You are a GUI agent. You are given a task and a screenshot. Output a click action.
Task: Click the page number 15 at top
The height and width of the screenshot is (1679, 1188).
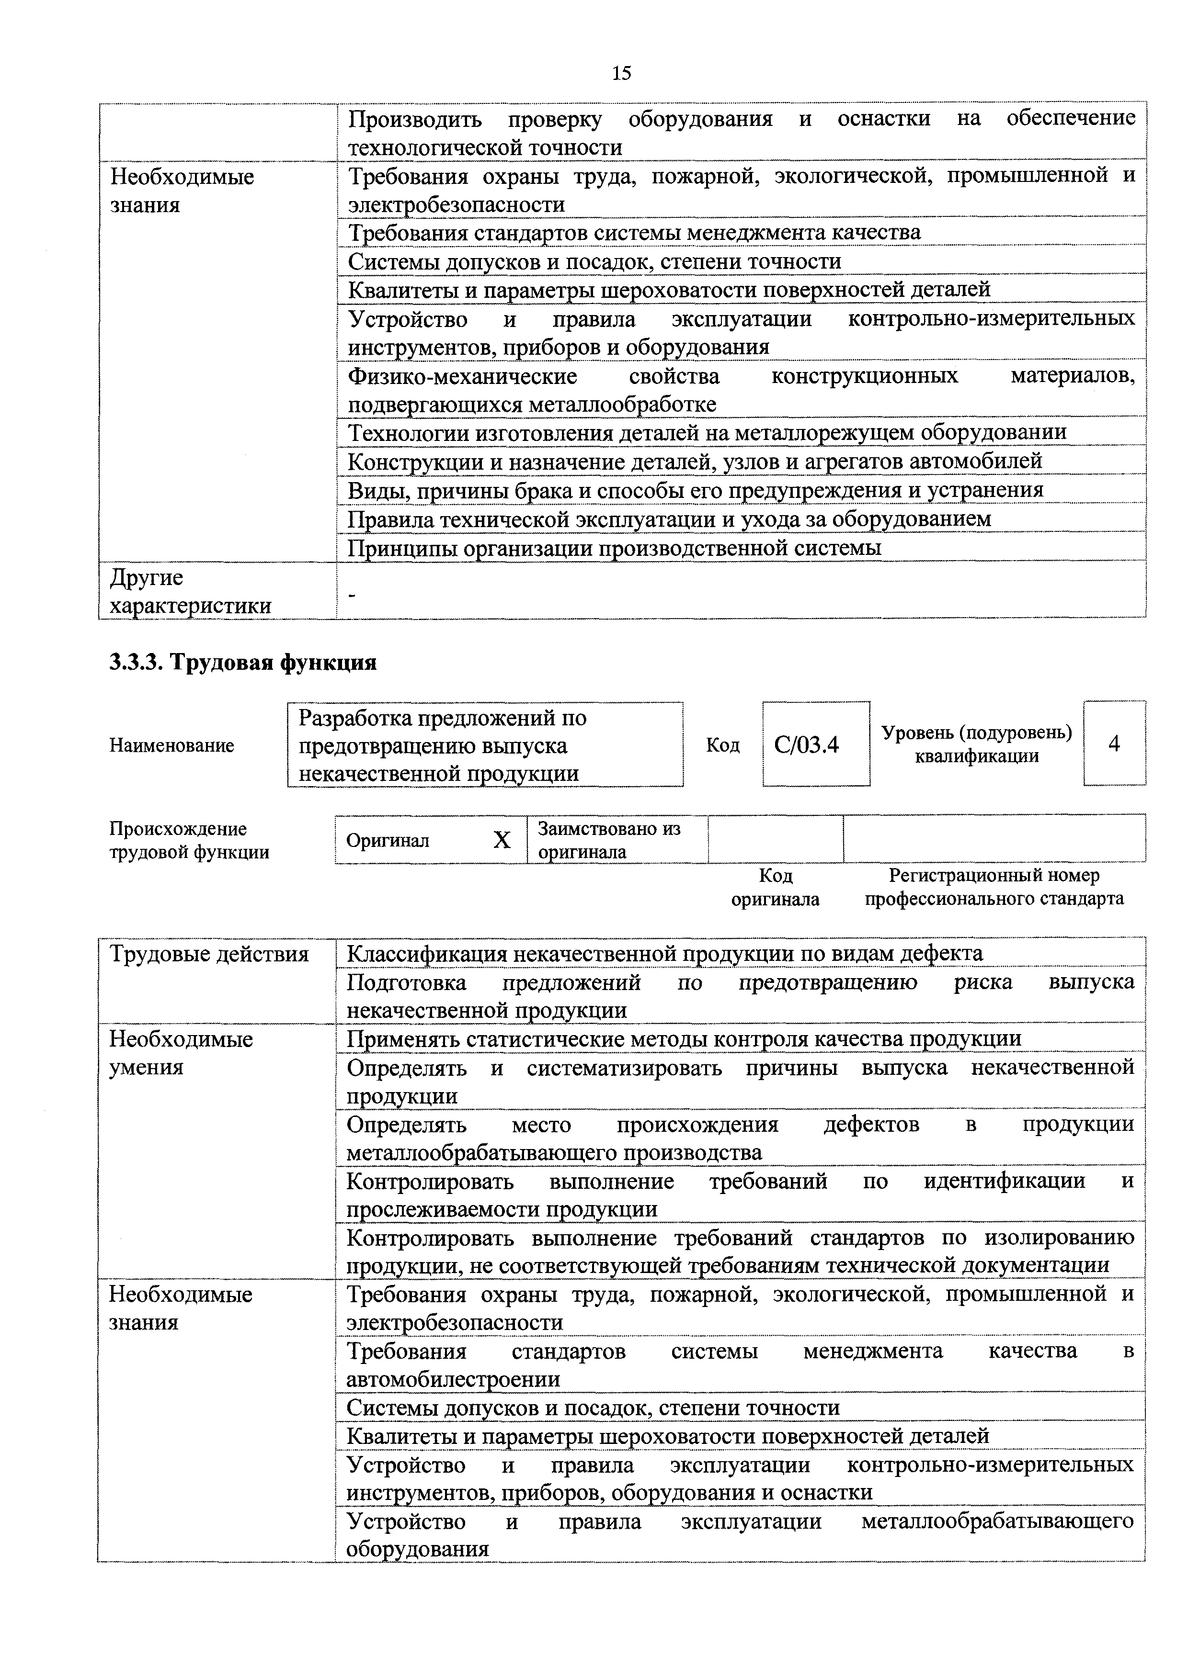[621, 73]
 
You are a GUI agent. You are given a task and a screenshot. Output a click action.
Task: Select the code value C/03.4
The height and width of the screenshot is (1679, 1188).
[806, 745]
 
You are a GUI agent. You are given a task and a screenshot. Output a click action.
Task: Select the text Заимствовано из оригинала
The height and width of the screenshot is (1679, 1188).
[609, 840]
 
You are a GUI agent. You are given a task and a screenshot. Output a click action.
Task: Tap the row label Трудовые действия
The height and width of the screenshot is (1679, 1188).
[209, 954]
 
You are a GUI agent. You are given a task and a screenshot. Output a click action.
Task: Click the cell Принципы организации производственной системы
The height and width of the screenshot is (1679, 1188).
[615, 548]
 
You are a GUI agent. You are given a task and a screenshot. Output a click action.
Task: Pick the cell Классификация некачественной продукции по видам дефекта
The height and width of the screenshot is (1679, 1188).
[664, 954]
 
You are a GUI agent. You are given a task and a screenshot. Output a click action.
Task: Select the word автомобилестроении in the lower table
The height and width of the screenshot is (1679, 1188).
[453, 1380]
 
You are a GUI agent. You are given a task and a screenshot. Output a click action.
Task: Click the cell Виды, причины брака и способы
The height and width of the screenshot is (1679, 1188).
[695, 490]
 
